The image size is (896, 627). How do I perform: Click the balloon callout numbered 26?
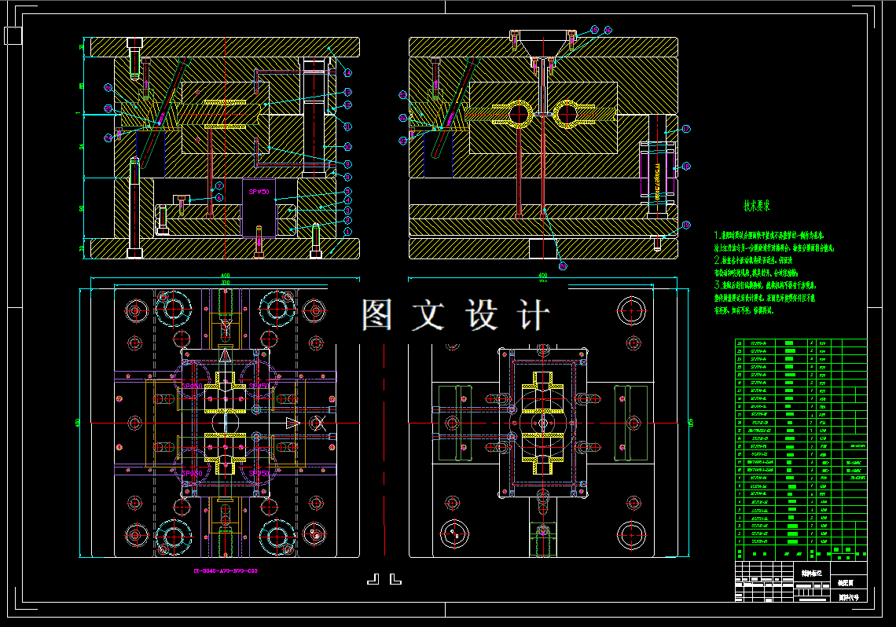click(108, 87)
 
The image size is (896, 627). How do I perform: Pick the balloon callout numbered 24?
click(108, 137)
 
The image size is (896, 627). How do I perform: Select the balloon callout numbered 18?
click(686, 167)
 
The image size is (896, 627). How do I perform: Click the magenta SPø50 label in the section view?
click(259, 192)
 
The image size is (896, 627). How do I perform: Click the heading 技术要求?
click(758, 206)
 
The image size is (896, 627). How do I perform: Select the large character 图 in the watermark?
click(377, 315)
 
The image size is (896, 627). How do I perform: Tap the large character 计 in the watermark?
click(534, 315)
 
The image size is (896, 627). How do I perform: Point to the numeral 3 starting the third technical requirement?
click(717, 284)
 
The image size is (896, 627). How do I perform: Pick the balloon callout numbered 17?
click(686, 129)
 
